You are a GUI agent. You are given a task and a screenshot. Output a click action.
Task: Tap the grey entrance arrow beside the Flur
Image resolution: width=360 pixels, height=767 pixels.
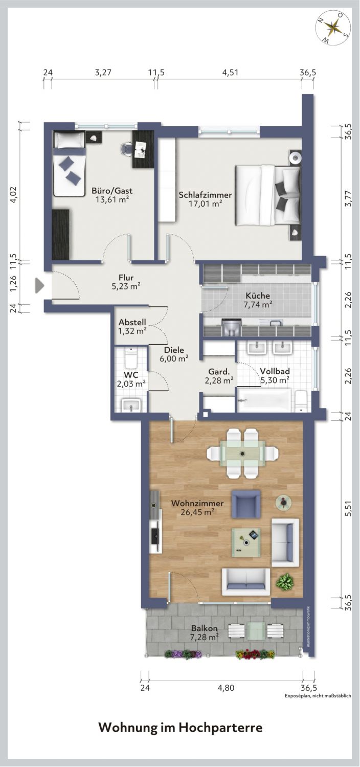click(x=40, y=285)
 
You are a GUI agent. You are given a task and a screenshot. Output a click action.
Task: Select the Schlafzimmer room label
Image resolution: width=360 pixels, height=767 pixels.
click(x=205, y=195)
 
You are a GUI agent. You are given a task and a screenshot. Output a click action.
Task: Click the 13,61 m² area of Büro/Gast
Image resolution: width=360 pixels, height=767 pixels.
click(x=112, y=199)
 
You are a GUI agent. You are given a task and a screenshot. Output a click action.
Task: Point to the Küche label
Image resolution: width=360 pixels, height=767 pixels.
click(x=258, y=296)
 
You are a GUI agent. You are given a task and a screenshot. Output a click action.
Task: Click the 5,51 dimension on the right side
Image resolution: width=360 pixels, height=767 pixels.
click(x=349, y=510)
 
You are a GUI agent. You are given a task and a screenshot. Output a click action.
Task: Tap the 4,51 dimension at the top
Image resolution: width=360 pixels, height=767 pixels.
click(x=230, y=72)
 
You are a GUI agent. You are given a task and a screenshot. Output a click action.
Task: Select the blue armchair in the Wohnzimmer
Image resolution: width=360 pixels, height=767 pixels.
click(x=246, y=504)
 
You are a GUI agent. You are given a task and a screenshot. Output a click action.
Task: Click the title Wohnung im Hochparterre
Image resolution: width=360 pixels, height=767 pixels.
click(x=181, y=728)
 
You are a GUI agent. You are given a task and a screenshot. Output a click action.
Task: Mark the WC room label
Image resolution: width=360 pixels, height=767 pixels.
click(x=131, y=375)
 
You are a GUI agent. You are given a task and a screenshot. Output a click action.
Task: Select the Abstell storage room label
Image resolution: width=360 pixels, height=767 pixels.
click(x=132, y=322)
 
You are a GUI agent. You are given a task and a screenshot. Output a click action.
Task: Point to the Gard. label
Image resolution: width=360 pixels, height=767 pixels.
click(x=219, y=372)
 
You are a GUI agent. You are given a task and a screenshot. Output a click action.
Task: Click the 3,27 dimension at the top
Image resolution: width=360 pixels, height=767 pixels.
click(x=103, y=72)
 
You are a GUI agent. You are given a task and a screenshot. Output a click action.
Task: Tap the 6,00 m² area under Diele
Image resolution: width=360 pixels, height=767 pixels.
click(x=174, y=358)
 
